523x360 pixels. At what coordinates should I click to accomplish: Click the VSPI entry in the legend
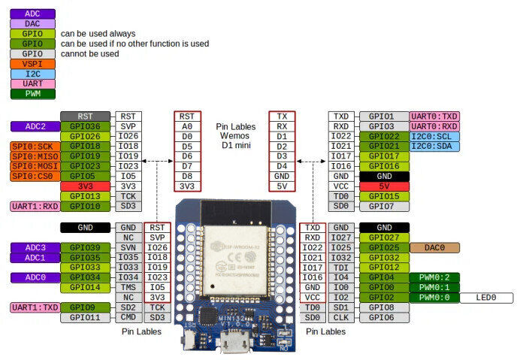[32, 64]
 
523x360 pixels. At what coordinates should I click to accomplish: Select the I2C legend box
[32, 74]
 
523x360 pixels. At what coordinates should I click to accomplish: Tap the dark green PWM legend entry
[32, 94]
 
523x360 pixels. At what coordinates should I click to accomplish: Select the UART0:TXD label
[434, 116]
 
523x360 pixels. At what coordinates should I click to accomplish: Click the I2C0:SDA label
[434, 146]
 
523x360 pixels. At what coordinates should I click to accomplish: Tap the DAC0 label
[434, 247]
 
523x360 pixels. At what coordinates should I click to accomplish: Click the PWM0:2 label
[434, 277]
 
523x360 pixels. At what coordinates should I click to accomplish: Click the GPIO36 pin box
[85, 126]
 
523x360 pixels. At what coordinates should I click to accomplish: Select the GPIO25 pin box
[384, 247]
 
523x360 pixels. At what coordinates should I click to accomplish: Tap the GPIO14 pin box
[85, 287]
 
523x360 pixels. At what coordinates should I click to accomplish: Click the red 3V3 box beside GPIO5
[85, 186]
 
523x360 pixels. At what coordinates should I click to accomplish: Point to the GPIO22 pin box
[384, 136]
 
